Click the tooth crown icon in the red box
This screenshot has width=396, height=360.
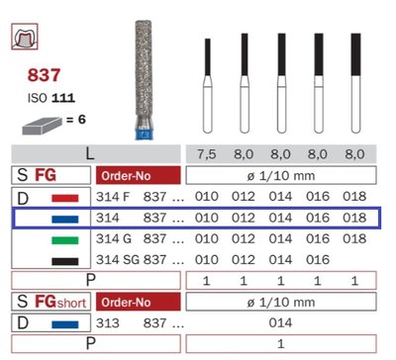coord(25,37)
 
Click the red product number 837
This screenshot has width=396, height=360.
coord(44,75)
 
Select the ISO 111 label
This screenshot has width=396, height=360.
coord(51,98)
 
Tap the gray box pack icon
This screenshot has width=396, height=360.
coord(42,126)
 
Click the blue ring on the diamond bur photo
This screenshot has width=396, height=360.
coord(144,135)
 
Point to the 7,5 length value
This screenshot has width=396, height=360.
coord(207,154)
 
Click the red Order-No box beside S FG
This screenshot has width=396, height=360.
coord(139,175)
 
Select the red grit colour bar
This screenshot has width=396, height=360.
coord(65,198)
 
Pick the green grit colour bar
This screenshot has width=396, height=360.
coord(65,240)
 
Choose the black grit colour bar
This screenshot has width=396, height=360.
coord(65,261)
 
